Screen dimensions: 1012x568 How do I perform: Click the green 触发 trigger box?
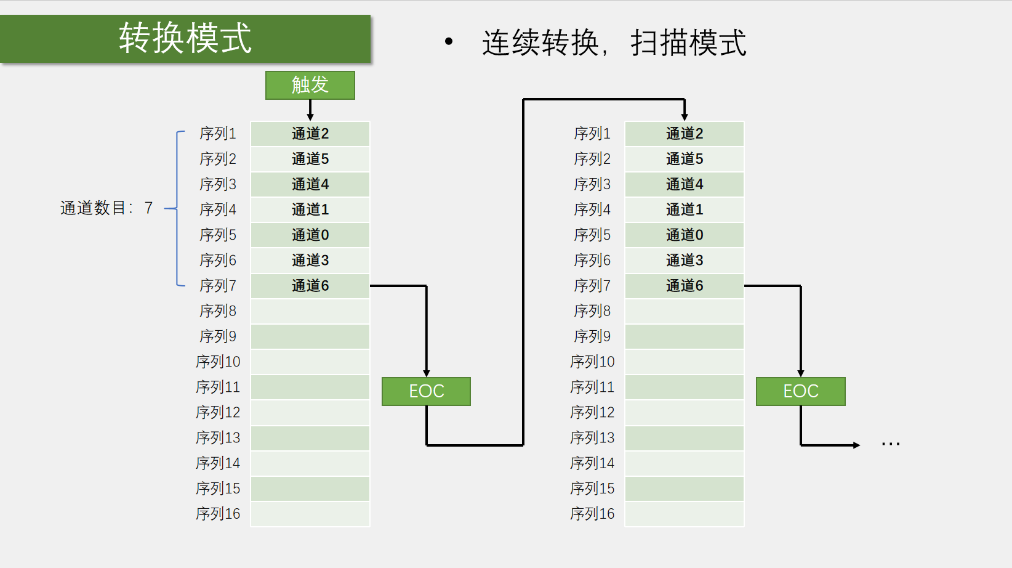(x=310, y=85)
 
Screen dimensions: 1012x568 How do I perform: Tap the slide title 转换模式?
(x=185, y=38)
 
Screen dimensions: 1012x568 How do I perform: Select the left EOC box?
(x=426, y=391)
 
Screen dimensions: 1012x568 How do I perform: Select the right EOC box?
(x=801, y=391)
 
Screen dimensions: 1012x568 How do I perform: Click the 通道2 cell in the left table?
(x=310, y=134)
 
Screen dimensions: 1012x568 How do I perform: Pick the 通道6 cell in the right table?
(x=685, y=286)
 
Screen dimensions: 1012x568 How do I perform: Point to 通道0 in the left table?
(x=310, y=235)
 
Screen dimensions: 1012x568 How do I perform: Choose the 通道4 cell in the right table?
(x=685, y=185)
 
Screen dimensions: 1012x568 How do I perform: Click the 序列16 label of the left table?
(x=218, y=514)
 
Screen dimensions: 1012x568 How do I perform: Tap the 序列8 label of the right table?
(x=592, y=311)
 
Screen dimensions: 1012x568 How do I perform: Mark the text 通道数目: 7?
(x=106, y=208)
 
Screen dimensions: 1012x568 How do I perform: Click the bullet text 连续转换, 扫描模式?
(x=614, y=43)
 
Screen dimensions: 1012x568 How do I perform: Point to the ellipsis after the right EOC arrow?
(x=891, y=444)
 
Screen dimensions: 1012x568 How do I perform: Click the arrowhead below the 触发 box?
(x=310, y=117)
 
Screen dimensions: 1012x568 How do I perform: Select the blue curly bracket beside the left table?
(x=177, y=208)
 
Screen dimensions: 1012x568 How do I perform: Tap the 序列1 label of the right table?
(x=592, y=134)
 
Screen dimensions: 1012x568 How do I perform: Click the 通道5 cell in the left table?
(x=310, y=159)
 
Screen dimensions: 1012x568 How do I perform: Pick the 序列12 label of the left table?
(x=218, y=412)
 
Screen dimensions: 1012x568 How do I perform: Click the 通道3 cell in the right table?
(x=685, y=261)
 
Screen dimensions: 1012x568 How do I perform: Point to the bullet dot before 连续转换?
(x=449, y=42)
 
